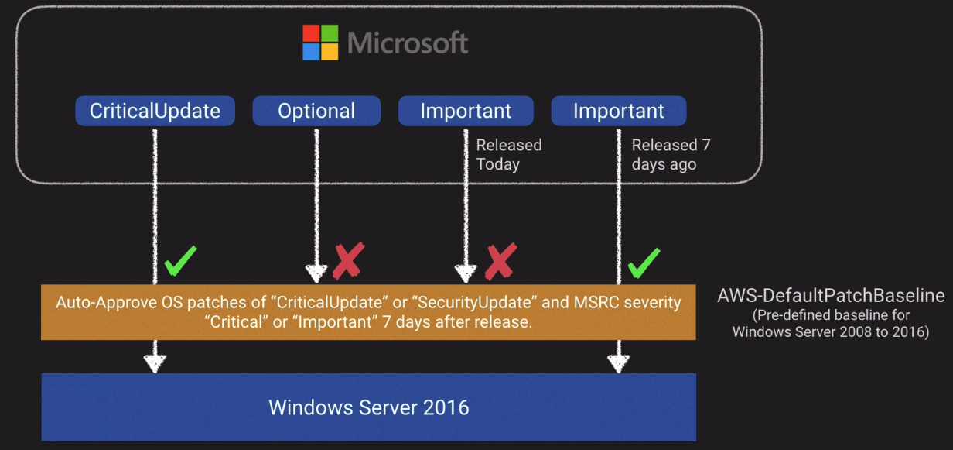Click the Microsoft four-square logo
[x=320, y=43]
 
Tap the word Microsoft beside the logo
[x=408, y=43]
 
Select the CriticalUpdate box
[x=155, y=111]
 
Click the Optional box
[x=316, y=111]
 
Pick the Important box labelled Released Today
[x=466, y=111]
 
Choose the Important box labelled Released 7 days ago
[x=618, y=111]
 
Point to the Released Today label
[x=508, y=154]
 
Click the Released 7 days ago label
[x=670, y=154]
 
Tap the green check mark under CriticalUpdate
[x=181, y=261]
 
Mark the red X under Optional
[x=347, y=260]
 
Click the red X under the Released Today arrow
[x=500, y=261]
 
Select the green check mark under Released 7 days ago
[x=644, y=263]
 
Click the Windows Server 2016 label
[x=368, y=407]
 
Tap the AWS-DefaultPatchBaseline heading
[x=831, y=296]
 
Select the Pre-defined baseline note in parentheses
[x=831, y=325]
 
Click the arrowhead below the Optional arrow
[x=316, y=273]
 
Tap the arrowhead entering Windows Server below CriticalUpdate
[x=155, y=362]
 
